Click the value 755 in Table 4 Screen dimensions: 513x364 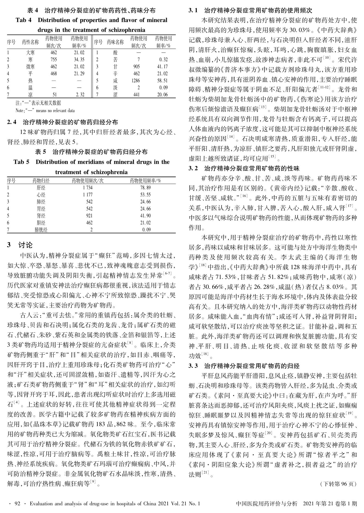pyautogui.click(x=53, y=60)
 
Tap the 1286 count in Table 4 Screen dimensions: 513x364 pyautogui.click(x=136, y=81)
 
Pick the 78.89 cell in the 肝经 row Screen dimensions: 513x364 pyautogui.click(x=145, y=188)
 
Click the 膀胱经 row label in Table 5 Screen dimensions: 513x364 pyautogui.click(x=41, y=230)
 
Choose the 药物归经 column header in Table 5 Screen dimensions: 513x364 pyautogui.click(x=41, y=181)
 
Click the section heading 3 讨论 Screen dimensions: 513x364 pyautogui.click(x=20, y=245)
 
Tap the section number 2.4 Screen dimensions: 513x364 pyautogui.click(x=12, y=122)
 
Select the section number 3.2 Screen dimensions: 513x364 pyautogui.click(x=193, y=168)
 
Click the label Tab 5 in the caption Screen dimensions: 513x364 pyautogui.click(x=21, y=162)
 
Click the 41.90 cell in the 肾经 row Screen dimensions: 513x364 pyautogui.click(x=145, y=216)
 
